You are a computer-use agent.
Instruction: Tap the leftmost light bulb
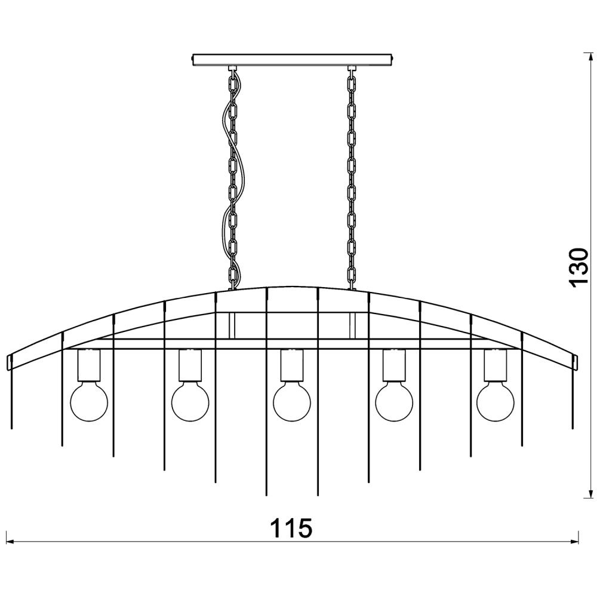tap(90, 402)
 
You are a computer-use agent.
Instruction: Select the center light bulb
tap(293, 402)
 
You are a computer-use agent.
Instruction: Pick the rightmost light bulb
tap(496, 402)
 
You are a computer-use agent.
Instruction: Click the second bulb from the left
tap(190, 402)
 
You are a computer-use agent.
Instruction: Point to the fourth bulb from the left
tap(394, 402)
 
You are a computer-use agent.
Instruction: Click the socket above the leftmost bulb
tap(89, 365)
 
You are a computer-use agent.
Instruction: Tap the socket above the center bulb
tap(293, 365)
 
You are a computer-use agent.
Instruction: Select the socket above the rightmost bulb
tap(496, 365)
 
